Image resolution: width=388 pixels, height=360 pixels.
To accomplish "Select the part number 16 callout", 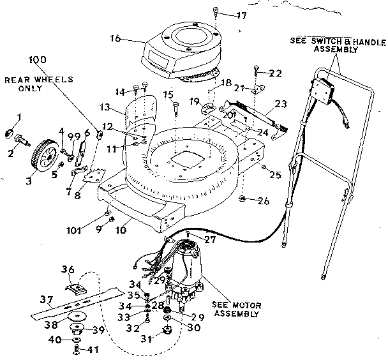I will pos(116,39).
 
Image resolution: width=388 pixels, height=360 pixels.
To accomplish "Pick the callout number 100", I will pos(38,59).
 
